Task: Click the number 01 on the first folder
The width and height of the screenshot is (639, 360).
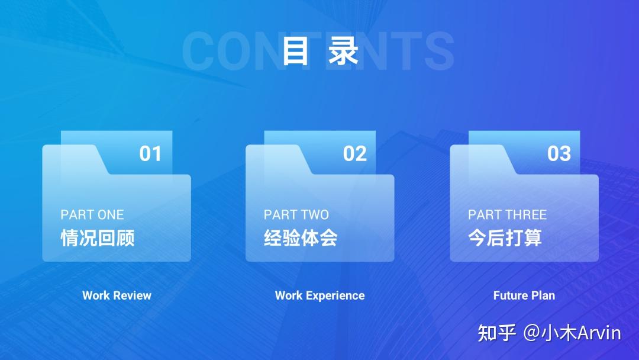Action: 150,154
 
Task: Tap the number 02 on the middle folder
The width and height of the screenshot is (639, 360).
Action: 354,154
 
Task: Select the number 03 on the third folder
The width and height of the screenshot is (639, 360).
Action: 559,154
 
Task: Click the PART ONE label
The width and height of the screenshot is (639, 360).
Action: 92,214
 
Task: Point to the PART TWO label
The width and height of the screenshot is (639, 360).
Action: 296,214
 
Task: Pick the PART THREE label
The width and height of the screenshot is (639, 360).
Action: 507,214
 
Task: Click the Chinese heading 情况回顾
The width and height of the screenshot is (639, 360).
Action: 98,238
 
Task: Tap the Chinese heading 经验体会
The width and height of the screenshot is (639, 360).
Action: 301,238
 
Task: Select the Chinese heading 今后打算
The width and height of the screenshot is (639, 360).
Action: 505,238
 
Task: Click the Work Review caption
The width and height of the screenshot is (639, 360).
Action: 117,295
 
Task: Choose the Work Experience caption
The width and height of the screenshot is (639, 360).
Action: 319,295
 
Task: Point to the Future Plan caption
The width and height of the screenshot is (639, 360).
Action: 524,295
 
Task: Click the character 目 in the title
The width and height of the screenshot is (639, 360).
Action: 296,51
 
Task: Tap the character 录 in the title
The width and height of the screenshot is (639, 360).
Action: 344,51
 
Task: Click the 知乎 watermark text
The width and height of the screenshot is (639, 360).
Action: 497,333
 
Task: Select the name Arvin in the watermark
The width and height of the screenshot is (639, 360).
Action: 599,333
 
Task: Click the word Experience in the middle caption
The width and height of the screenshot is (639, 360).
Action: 335,295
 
